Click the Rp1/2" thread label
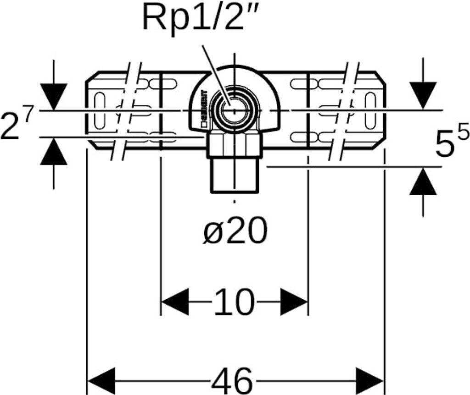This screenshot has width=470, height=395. pyautogui.click(x=204, y=17)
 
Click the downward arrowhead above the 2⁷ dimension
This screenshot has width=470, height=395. pyautogui.click(x=54, y=96)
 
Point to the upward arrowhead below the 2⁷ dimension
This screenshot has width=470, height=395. pyautogui.click(x=54, y=151)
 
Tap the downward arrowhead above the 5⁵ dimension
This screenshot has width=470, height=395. pyautogui.click(x=423, y=95)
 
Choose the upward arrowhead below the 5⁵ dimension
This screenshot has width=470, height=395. pyautogui.click(x=423, y=181)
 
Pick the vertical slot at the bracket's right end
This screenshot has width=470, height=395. pyautogui.click(x=370, y=110)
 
